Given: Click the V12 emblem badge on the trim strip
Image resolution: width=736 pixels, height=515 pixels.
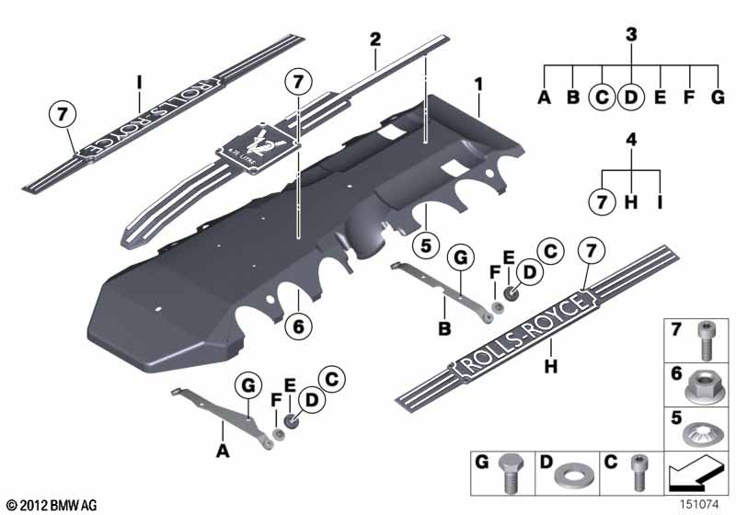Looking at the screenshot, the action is tap(263, 144).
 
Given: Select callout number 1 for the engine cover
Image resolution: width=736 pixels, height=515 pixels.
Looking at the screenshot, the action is tap(478, 85).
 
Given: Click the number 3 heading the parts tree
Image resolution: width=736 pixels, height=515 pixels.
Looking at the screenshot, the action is tap(631, 35).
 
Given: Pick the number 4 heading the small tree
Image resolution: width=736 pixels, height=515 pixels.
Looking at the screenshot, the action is tap(631, 141).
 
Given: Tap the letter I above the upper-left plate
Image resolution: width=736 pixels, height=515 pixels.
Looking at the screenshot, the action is tap(139, 81).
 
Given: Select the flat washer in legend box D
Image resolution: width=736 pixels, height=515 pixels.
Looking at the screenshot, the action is tap(569, 481).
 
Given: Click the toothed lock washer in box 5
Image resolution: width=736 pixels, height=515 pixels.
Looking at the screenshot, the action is tap(705, 429).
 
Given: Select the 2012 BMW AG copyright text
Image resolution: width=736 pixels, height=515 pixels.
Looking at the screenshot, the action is tap(51, 505).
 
